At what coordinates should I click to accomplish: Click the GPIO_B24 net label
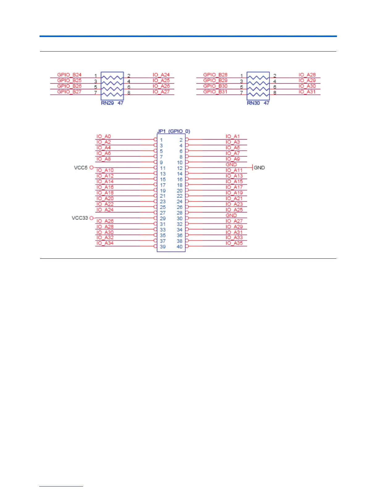click(x=69, y=75)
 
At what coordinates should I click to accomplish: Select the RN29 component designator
click(x=107, y=103)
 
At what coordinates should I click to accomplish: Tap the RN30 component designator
click(x=253, y=103)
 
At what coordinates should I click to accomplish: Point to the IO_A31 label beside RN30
click(x=307, y=92)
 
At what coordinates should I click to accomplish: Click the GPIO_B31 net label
click(x=215, y=92)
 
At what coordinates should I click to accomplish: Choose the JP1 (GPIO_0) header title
click(x=174, y=131)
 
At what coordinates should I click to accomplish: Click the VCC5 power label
click(x=81, y=168)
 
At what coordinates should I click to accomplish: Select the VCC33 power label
click(x=80, y=218)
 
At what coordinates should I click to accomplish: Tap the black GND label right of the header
click(x=259, y=168)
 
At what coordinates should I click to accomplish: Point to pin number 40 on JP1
click(x=179, y=247)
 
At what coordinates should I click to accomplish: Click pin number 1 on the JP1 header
click(x=161, y=140)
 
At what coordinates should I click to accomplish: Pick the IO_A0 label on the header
click(x=103, y=136)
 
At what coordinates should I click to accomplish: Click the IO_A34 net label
click(x=105, y=243)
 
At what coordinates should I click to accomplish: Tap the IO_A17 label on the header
click(x=234, y=187)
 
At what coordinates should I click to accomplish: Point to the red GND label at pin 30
click(x=231, y=215)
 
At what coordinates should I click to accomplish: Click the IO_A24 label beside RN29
click(x=161, y=75)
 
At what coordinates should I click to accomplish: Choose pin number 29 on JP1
click(x=163, y=219)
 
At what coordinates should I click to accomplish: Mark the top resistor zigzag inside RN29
click(x=112, y=77)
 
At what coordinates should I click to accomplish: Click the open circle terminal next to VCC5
click(x=91, y=168)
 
